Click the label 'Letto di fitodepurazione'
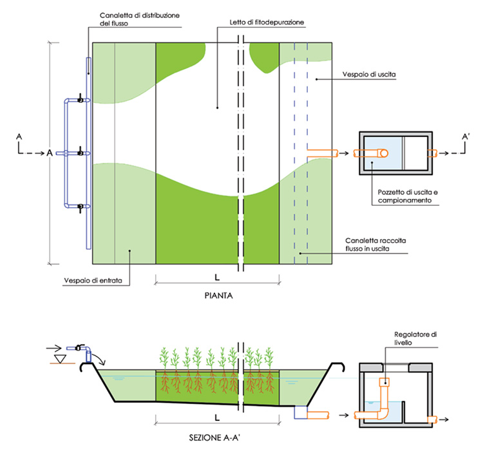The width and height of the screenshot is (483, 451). click(266, 23)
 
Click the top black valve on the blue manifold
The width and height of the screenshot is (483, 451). click(80, 100)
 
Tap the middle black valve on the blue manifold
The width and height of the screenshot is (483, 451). click(80, 153)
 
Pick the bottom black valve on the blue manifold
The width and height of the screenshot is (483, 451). click(80, 207)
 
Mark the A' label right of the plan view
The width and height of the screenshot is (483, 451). click(466, 136)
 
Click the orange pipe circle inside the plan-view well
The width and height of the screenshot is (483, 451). click(382, 153)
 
